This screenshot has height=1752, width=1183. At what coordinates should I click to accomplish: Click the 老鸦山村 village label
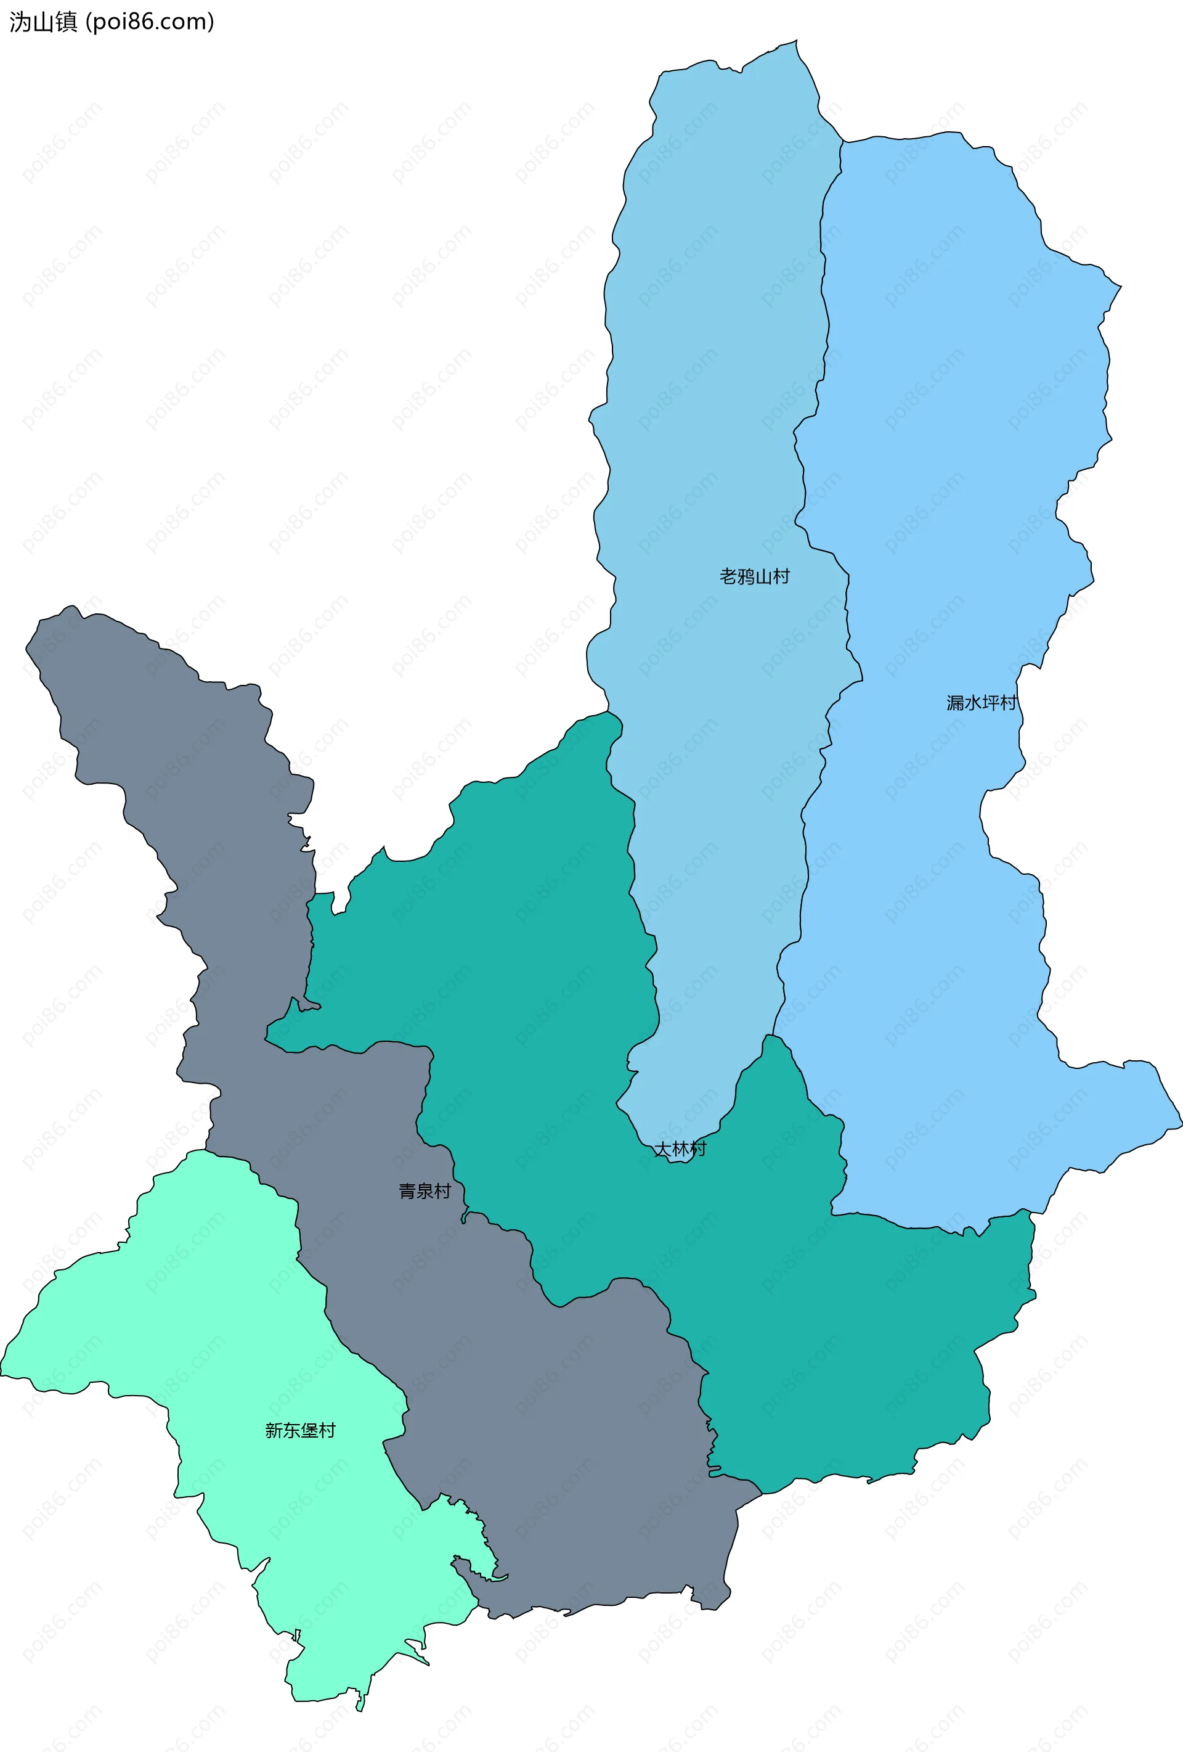(754, 577)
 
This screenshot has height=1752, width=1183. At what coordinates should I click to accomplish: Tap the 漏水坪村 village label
(982, 703)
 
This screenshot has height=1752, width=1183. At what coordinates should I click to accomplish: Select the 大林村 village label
(680, 1149)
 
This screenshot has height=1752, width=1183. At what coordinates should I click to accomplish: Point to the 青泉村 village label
(425, 1191)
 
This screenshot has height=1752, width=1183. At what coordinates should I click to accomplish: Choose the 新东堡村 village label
(300, 1430)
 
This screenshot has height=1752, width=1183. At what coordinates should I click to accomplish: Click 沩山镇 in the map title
(43, 22)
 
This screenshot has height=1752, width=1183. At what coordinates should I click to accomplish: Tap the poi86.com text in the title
(150, 22)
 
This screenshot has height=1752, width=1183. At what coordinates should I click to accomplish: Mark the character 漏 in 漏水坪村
(956, 703)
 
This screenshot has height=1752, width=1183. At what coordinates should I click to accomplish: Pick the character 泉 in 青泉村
(425, 1191)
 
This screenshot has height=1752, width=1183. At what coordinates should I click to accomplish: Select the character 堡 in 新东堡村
(309, 1430)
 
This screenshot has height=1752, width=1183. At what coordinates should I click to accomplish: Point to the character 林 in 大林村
(680, 1149)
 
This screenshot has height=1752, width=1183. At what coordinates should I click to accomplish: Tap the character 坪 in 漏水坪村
(991, 703)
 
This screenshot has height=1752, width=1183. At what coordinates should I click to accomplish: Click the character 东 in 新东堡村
(291, 1430)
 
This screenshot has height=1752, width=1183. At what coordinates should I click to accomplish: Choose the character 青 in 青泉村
(408, 1191)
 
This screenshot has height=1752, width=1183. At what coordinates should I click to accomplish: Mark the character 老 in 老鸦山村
(728, 577)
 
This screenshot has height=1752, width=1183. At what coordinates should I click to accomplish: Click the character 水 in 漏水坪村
(973, 703)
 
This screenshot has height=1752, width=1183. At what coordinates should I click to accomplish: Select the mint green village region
(226, 1357)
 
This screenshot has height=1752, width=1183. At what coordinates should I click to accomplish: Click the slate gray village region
(527, 1432)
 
